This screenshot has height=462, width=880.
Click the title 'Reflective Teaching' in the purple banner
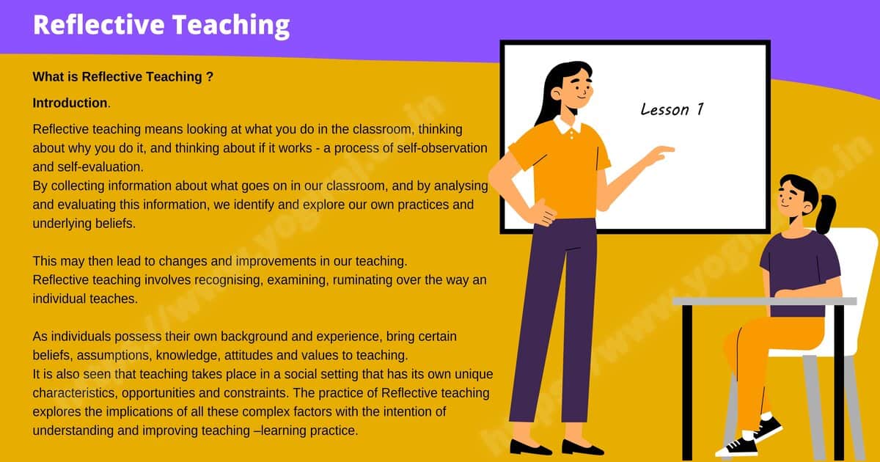click(x=161, y=24)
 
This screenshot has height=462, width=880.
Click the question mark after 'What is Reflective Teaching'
click(x=210, y=76)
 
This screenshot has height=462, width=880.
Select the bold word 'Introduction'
click(x=70, y=103)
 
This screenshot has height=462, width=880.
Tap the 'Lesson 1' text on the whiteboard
click(x=672, y=110)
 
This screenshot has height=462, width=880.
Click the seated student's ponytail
click(x=826, y=212)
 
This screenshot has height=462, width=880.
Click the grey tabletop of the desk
click(x=763, y=301)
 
